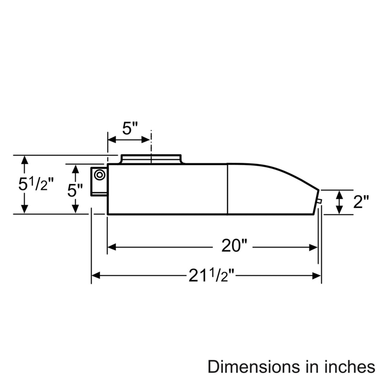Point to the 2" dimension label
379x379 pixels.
click(x=361, y=202)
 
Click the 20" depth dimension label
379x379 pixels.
click(x=233, y=247)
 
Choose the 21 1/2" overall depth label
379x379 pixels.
click(x=211, y=275)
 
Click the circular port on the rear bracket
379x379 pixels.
click(x=100, y=175)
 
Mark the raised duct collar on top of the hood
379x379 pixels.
click(x=151, y=159)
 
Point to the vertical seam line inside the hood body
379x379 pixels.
click(x=228, y=189)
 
